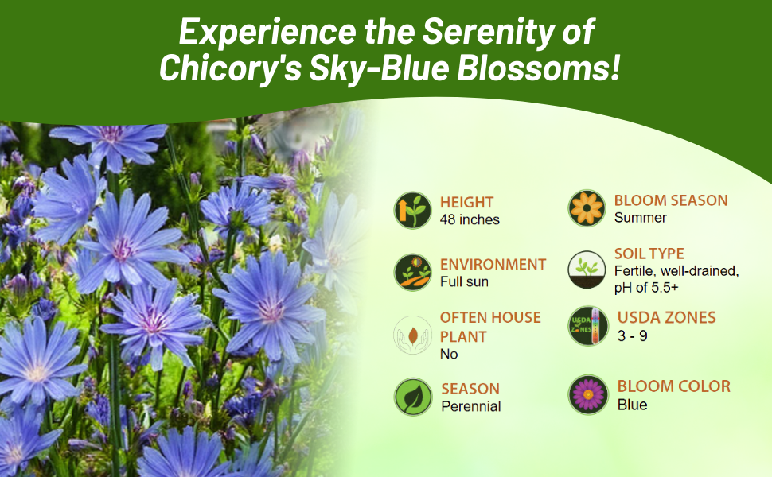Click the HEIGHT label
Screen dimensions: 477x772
click(x=467, y=202)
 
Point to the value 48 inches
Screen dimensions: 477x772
click(x=470, y=219)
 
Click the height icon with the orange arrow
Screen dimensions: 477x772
click(x=412, y=210)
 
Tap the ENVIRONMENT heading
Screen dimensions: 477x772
click(x=493, y=264)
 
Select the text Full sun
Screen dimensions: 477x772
click(x=464, y=281)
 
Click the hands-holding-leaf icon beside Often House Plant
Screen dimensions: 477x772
click(x=412, y=335)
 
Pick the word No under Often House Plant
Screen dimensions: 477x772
click(x=449, y=355)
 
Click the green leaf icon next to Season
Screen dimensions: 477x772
click(x=412, y=397)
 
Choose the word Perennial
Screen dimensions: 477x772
click(x=471, y=406)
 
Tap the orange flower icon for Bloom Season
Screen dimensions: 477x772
click(x=587, y=208)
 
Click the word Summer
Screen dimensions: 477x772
click(x=641, y=218)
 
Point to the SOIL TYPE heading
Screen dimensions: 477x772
click(x=649, y=254)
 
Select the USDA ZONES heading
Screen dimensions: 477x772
click(x=667, y=318)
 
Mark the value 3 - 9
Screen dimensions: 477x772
click(x=633, y=335)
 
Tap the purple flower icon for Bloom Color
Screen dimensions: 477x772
click(x=588, y=394)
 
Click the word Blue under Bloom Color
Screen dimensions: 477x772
click(x=633, y=405)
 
